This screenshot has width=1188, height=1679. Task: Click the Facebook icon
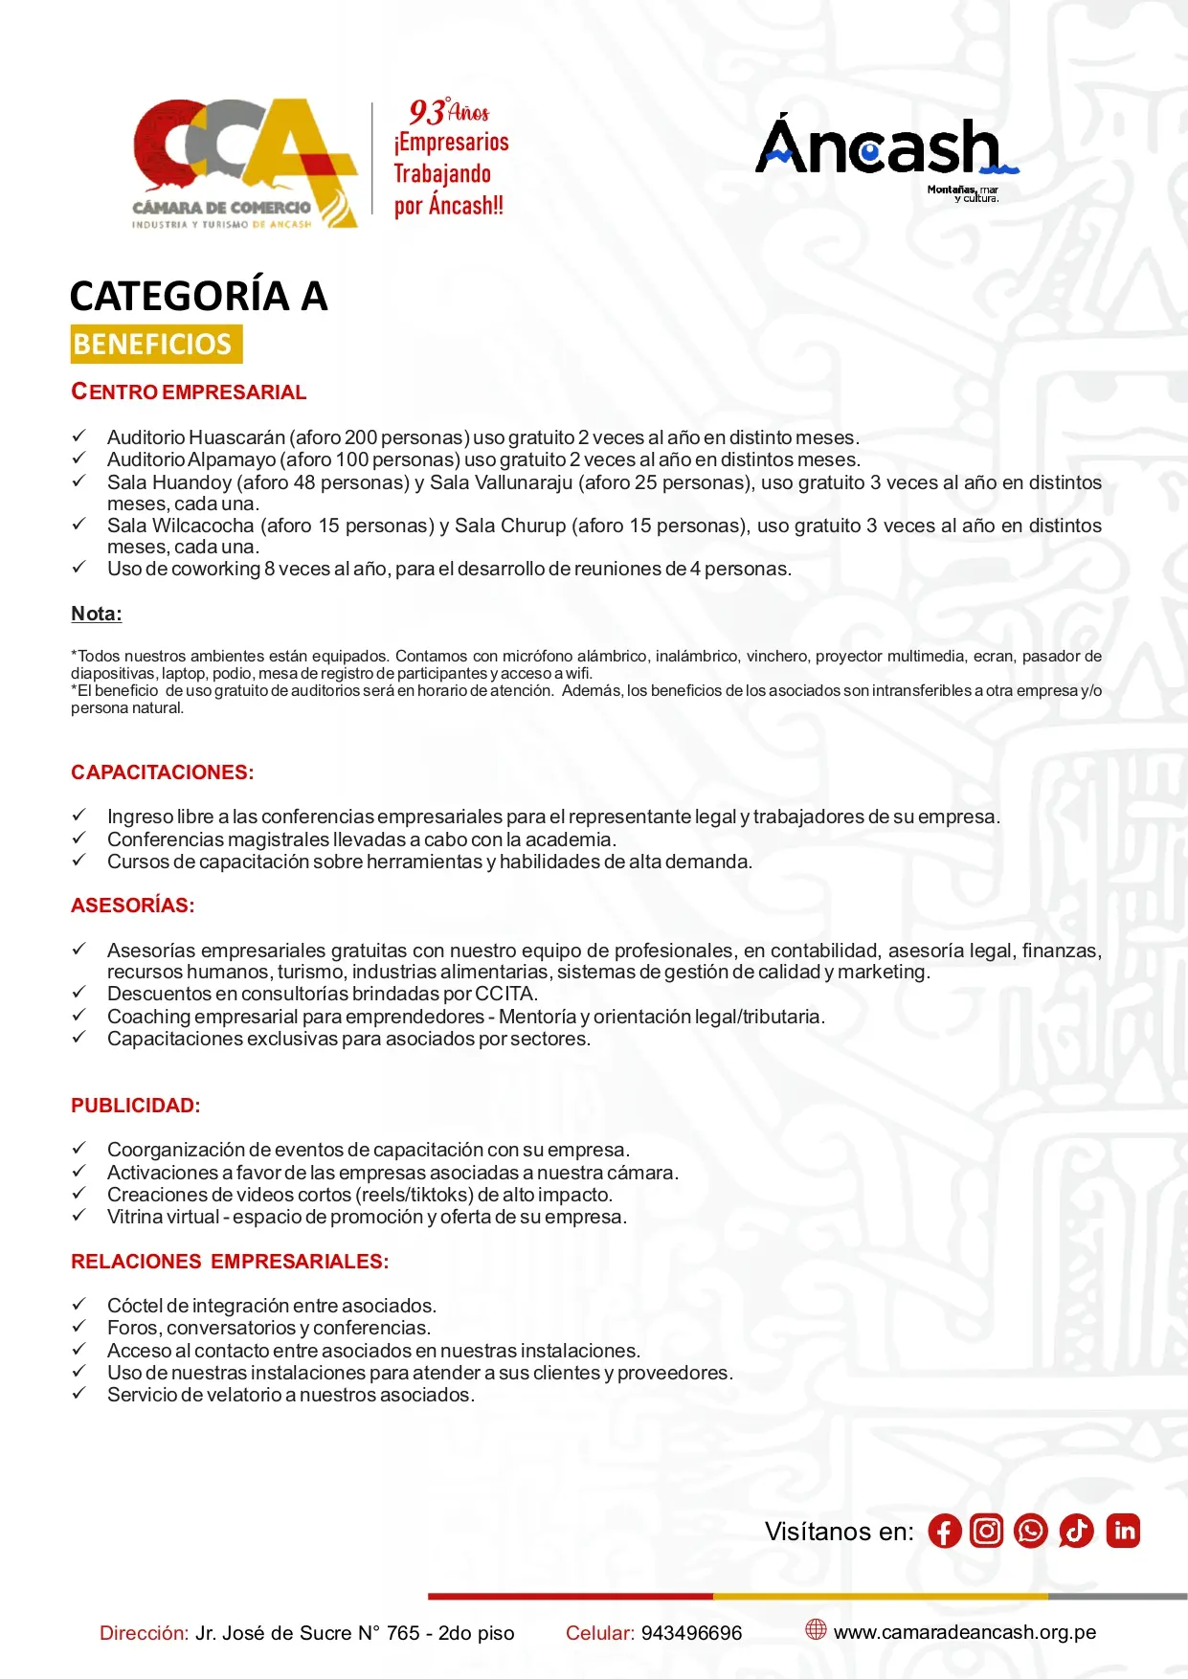point(944,1532)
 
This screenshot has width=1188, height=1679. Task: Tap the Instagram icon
point(986,1532)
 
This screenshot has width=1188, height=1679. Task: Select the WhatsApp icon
point(1031,1532)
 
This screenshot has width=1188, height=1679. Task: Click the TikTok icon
point(1076,1532)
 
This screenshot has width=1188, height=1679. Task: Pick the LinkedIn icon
point(1124,1532)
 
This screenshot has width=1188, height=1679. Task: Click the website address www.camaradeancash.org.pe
point(965,1632)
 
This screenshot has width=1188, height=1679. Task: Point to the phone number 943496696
point(691,1633)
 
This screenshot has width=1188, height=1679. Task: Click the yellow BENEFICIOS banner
point(156,345)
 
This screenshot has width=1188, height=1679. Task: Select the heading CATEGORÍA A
point(198,296)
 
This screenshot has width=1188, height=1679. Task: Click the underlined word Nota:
point(96,614)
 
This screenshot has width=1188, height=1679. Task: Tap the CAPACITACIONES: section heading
point(162,772)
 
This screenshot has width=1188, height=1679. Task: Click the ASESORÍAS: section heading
point(132,906)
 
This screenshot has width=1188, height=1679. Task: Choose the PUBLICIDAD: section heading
point(135,1106)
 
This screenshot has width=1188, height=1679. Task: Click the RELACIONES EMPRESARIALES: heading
point(230,1262)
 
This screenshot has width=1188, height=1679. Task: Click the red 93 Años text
point(448,112)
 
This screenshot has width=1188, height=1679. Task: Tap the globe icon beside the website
point(816,1629)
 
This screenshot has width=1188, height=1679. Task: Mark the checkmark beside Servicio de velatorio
point(79,1394)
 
